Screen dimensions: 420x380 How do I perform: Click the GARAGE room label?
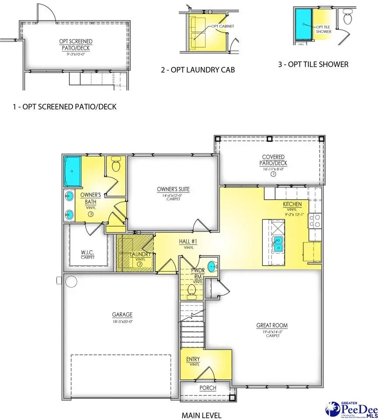122,315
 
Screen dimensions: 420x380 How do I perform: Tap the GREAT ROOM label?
274,325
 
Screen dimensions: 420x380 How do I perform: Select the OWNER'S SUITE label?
173,189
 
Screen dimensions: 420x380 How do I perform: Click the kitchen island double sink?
277,243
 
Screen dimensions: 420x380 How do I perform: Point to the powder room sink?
212,266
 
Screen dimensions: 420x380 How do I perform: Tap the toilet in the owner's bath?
116,165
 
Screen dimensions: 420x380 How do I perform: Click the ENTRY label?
193,359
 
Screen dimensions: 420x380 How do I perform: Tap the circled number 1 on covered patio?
273,174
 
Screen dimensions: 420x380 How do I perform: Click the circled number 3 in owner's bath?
91,214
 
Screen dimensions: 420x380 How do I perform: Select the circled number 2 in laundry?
139,264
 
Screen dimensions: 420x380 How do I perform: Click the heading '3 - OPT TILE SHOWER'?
313,64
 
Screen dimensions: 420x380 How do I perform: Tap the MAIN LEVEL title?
201,415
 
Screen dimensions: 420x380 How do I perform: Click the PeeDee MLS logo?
350,409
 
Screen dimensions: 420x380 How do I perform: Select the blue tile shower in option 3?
302,24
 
